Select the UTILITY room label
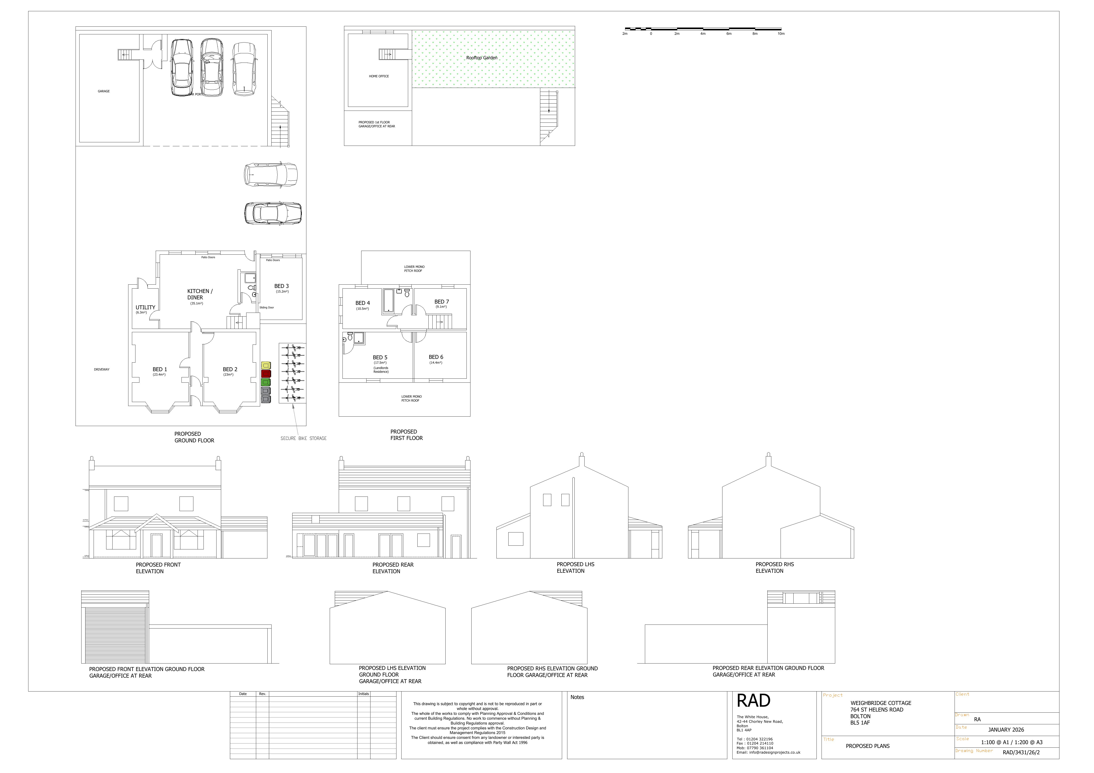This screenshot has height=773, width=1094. pyautogui.click(x=145, y=307)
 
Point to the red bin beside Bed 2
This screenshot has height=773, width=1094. pyautogui.click(x=266, y=374)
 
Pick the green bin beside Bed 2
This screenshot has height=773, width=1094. pyautogui.click(x=266, y=382)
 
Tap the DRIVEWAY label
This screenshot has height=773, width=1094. pyautogui.click(x=102, y=369)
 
